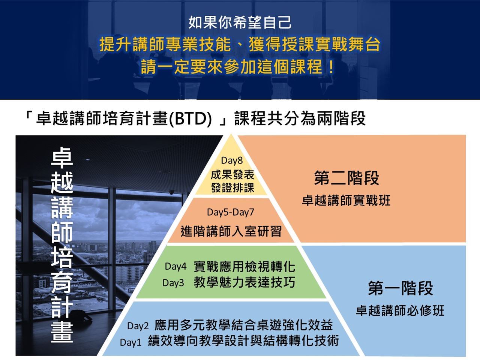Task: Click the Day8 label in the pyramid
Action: [x=232, y=160]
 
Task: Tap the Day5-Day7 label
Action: [x=231, y=212]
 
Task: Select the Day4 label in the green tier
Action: [x=175, y=267]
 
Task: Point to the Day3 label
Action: [x=173, y=283]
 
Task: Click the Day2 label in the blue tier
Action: [x=138, y=326]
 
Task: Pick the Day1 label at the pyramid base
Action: [x=130, y=342]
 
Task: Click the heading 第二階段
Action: [x=346, y=178]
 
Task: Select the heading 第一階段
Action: [x=400, y=288]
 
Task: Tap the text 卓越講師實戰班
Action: [x=346, y=200]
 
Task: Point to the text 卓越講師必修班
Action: [x=400, y=310]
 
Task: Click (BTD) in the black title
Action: [x=190, y=119]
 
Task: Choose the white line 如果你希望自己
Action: [x=240, y=22]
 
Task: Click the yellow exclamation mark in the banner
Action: [x=331, y=67]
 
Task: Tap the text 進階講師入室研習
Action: [x=231, y=231]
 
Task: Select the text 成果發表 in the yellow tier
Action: [x=232, y=175]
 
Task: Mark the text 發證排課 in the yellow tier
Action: [x=232, y=188]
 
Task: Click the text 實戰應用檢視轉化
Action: [x=244, y=267]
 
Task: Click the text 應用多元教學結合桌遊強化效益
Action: [x=243, y=325]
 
